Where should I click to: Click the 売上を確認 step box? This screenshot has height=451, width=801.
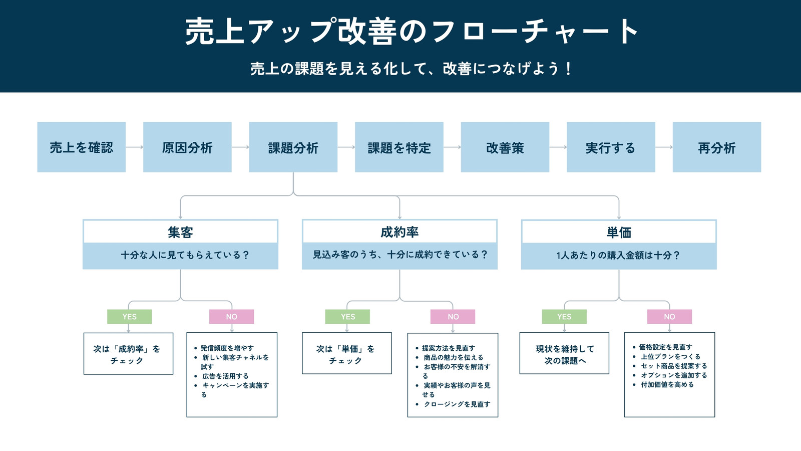82,147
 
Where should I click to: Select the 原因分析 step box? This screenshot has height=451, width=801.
187,147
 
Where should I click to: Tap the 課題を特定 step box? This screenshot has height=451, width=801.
399,147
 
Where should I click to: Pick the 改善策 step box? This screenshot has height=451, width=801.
505,147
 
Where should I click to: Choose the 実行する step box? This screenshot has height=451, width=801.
611,147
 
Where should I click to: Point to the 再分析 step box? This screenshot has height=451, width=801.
717,147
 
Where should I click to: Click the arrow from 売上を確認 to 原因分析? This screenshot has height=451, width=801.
135,147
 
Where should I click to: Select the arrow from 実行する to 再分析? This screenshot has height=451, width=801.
664,147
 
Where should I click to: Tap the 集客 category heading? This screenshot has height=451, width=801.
181,233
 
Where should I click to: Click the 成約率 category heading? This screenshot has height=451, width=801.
399,232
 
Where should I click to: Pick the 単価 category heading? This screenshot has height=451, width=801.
619,233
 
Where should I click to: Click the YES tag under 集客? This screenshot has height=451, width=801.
130,317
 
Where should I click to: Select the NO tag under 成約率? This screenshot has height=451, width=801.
453,317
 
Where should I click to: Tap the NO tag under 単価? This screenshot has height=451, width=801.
669,317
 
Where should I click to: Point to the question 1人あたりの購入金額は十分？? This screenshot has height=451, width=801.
618,255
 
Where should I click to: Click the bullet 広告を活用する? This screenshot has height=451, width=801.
225,376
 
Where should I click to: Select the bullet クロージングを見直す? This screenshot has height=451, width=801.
457,404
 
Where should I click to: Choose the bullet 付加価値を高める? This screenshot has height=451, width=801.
667,384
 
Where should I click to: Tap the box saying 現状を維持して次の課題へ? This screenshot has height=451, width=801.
564,353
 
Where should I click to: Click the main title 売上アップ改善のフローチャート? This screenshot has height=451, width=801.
411,32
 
